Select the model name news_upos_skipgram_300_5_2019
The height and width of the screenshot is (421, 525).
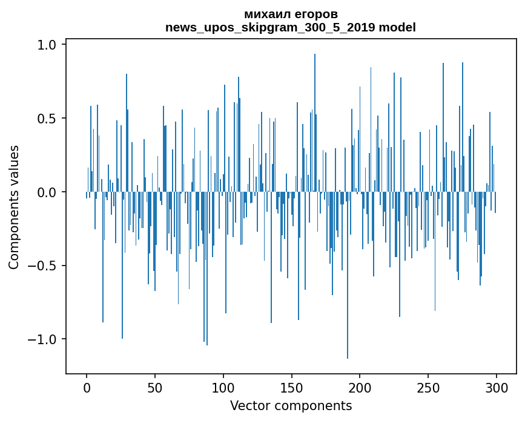pos(270,28)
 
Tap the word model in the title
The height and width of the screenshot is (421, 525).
pos(397,27)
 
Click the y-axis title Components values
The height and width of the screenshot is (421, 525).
pos(14,207)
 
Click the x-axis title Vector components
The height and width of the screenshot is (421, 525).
pos(291,406)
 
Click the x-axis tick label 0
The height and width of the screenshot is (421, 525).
pos(87,388)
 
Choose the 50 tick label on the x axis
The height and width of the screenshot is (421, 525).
pos(154,388)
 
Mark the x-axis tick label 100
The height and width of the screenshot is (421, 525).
pos(223,388)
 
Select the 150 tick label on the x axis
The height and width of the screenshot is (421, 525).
pos(291,388)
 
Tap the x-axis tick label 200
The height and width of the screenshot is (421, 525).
pos(360,388)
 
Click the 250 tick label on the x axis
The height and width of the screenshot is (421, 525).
pos(428,388)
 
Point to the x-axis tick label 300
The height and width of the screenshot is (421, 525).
pos(496,388)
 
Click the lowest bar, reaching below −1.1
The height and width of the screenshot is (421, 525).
pos(348,275)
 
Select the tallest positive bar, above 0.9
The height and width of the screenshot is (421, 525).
pos(315,123)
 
